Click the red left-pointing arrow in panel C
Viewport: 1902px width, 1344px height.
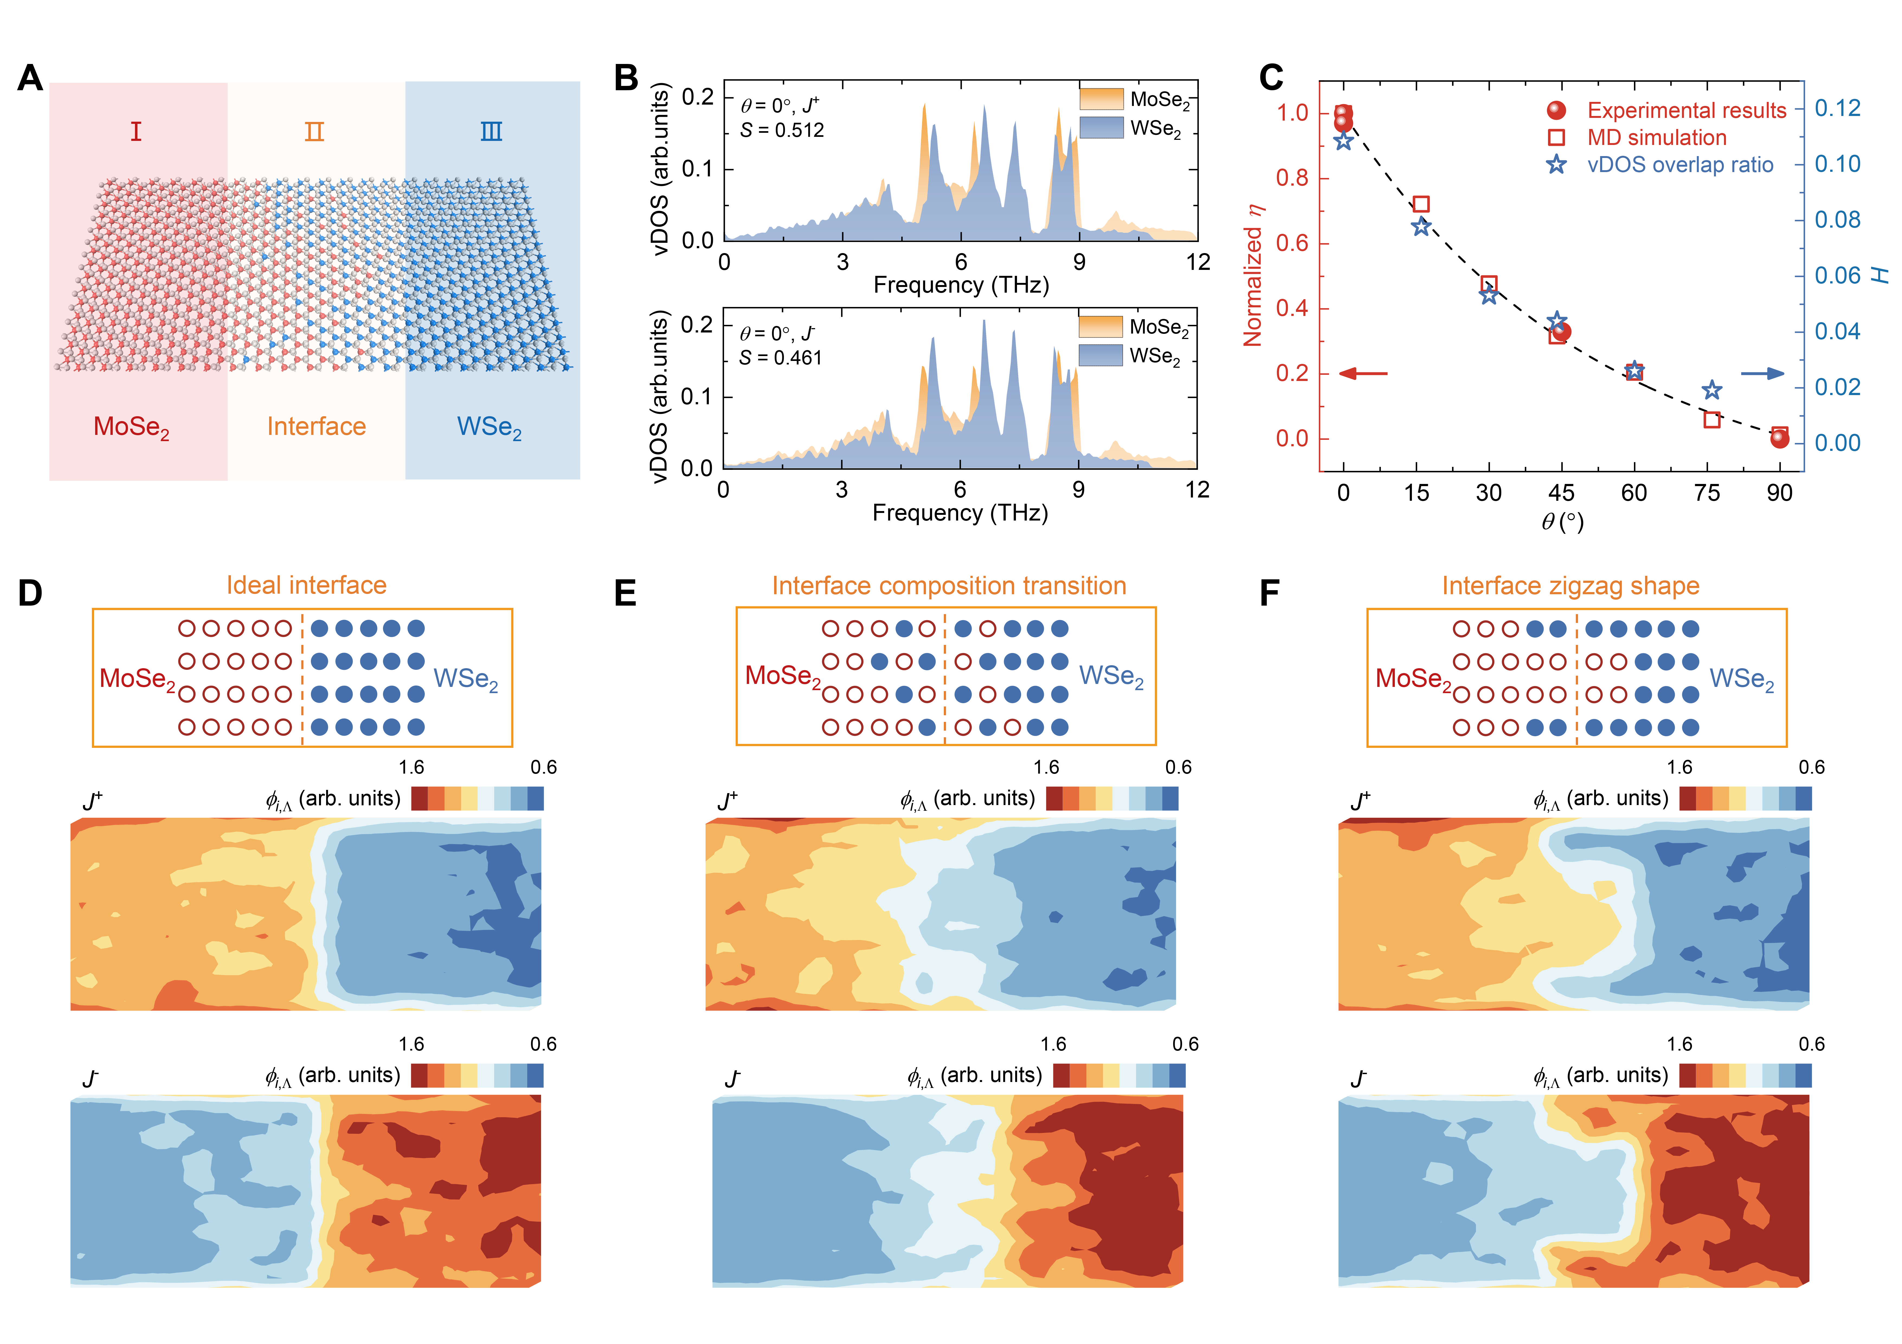(x=1363, y=373)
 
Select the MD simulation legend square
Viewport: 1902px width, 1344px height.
(x=1556, y=137)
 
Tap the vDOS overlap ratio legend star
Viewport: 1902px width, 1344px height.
(x=1556, y=165)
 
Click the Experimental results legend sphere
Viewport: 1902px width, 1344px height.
(x=1556, y=110)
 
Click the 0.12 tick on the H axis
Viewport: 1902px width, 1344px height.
(x=1837, y=108)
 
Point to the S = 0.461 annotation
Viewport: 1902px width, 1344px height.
(x=780, y=358)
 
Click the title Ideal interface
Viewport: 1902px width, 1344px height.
(x=307, y=586)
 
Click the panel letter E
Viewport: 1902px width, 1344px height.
(x=625, y=594)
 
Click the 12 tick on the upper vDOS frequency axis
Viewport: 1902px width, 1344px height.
(x=1198, y=263)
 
